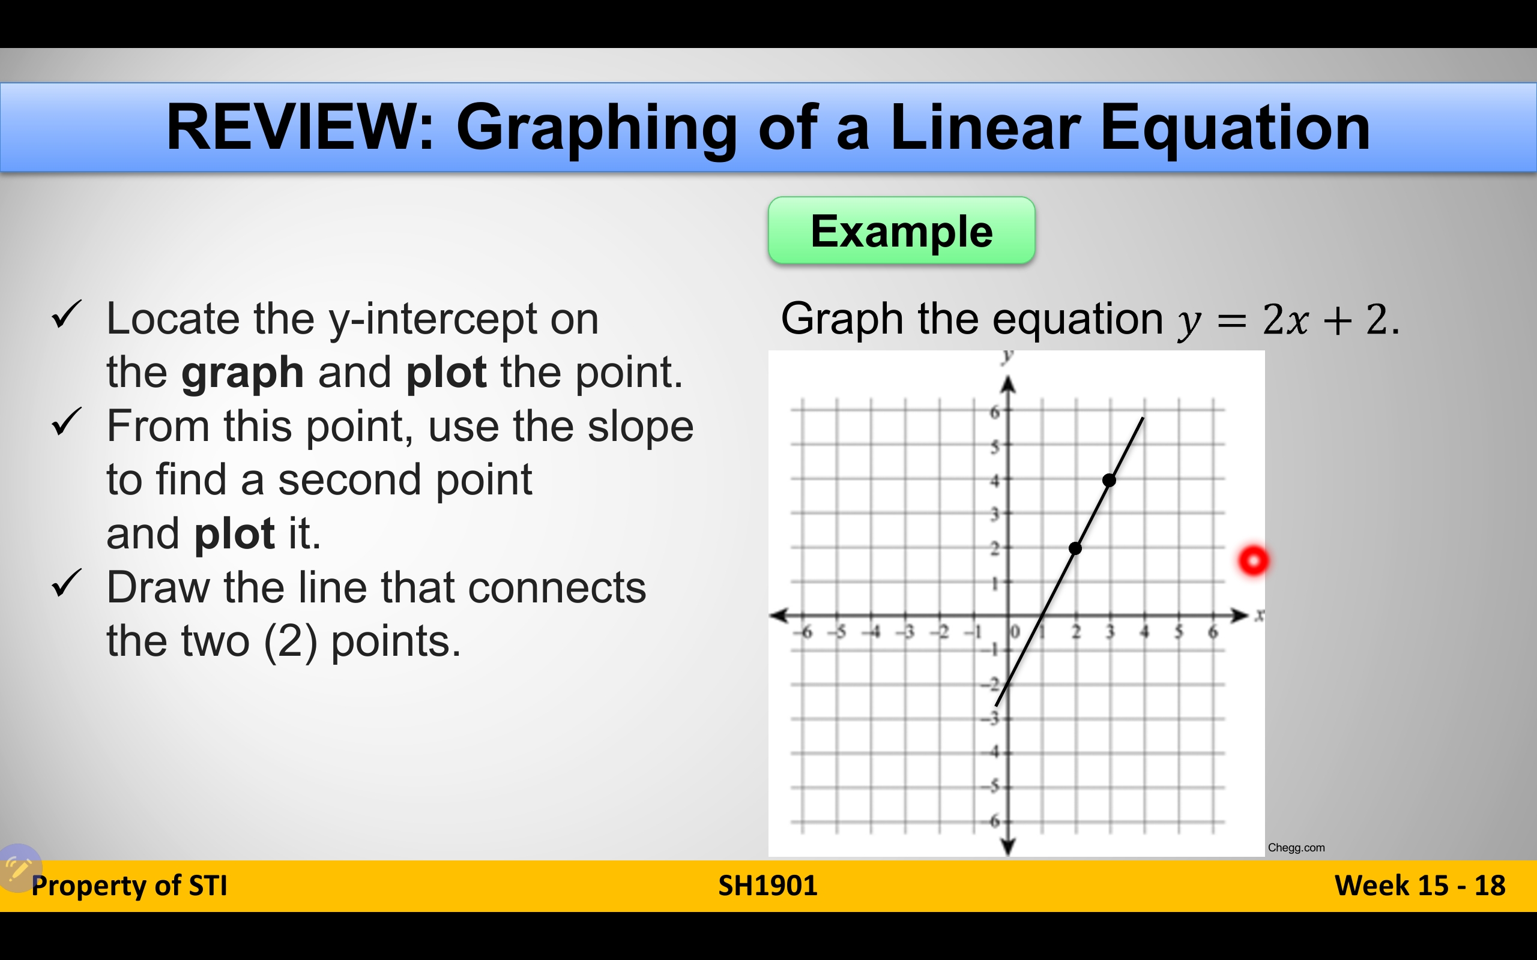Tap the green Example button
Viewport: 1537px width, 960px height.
point(901,230)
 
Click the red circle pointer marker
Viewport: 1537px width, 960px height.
point(1253,560)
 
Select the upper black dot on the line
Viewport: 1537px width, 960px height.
point(1109,480)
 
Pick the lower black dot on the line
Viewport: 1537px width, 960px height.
point(1075,548)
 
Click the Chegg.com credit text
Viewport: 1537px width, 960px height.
point(1296,848)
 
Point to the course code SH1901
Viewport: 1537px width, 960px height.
point(767,886)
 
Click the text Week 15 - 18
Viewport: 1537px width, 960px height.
point(1419,886)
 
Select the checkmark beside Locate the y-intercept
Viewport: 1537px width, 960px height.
point(67,314)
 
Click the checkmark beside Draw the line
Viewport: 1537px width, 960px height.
point(67,583)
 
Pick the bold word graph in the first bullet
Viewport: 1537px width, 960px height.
point(242,373)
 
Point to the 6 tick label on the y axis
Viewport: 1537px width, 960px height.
point(995,412)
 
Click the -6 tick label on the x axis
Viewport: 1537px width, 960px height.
point(804,632)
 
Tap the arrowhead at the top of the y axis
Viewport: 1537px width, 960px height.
point(1008,385)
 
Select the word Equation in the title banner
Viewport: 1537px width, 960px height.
point(1236,128)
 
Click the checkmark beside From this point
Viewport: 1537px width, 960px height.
point(67,422)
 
